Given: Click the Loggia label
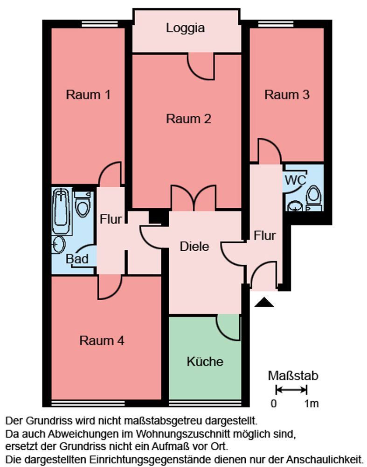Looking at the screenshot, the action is tap(185, 28).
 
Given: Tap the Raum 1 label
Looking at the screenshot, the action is tap(88, 95).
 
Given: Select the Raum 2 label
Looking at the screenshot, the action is tap(188, 119).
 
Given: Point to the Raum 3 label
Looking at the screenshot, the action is tap(287, 95).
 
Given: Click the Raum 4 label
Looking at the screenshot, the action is tap(102, 340).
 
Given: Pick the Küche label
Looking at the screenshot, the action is tap(205, 361).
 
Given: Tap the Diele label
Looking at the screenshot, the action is tap(194, 247).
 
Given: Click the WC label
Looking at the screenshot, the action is tap(295, 180).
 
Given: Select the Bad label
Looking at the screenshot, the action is tap(77, 259).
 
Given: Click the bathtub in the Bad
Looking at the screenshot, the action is tap(62, 211).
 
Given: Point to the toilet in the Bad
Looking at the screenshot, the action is tap(83, 204).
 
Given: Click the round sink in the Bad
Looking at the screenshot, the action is tap(59, 245).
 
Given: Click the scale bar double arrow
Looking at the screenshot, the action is tap(291, 389).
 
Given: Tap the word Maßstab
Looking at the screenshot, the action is tap(293, 376).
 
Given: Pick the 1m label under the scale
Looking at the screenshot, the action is tap(312, 403).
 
